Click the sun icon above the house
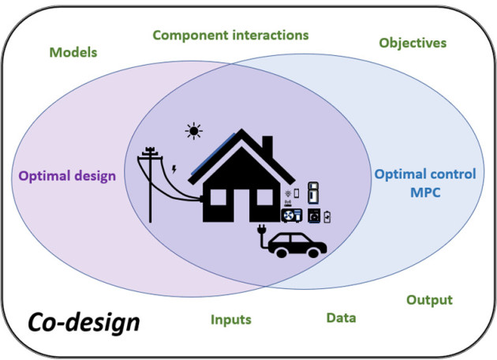point(192,131)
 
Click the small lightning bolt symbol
point(174,168)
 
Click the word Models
point(73,53)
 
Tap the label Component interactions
point(230,36)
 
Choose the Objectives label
point(413,42)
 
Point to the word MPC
point(425,192)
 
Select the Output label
point(429,300)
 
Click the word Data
point(342,317)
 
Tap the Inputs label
point(230,320)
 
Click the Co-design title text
point(84,322)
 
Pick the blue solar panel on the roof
point(222,144)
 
